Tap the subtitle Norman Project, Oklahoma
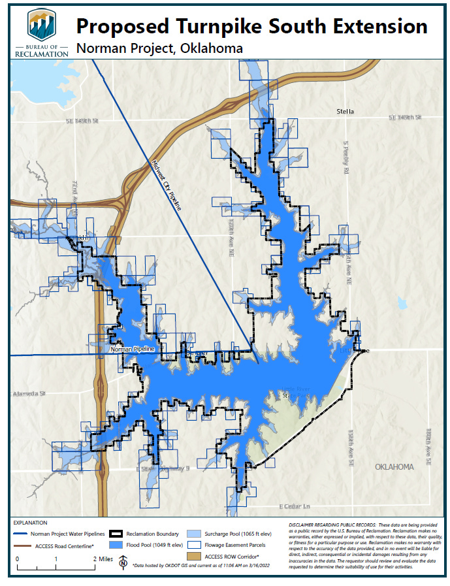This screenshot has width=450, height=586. coord(159,48)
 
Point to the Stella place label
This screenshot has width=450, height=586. coord(345,112)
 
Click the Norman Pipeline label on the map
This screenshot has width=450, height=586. coord(133,350)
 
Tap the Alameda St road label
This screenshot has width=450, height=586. coord(29,394)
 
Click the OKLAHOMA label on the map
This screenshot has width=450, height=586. coord(394,467)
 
